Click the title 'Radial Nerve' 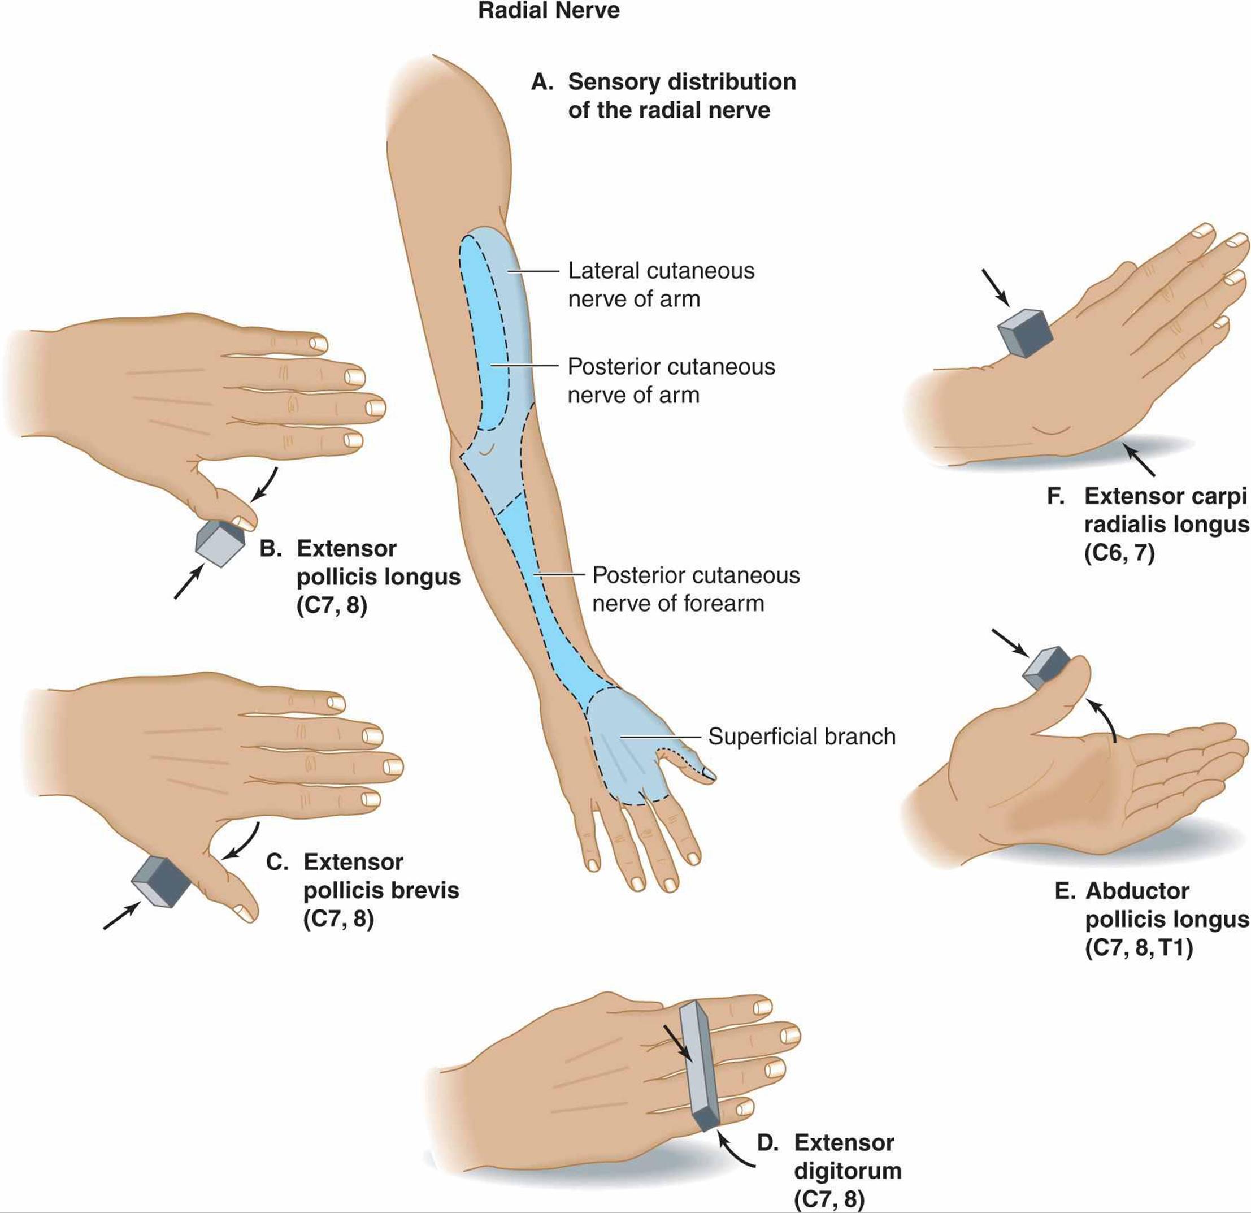pos(548,11)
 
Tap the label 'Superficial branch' pos(802,736)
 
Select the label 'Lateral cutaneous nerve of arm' pos(661,285)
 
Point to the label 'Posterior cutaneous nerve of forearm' pos(696,590)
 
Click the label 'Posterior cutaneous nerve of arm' pos(671,380)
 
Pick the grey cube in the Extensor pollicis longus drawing pos(220,543)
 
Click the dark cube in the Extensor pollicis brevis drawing pos(162,881)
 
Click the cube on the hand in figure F pos(1024,332)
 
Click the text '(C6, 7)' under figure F pos(1119,553)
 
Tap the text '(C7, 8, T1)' pos(1139,948)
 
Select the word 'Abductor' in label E pos(1137,891)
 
